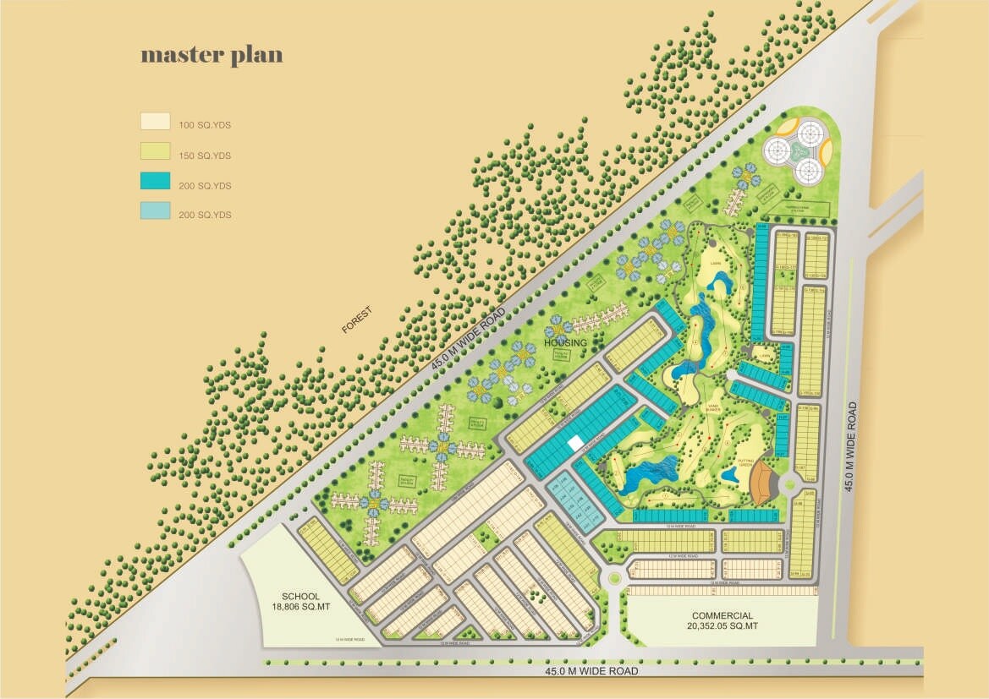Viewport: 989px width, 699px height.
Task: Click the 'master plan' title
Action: pos(212,56)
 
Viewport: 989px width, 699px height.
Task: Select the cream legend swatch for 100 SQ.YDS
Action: pos(155,121)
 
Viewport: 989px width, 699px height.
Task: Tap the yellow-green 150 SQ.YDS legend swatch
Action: pos(155,151)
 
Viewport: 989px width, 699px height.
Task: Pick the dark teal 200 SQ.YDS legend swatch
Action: pos(155,181)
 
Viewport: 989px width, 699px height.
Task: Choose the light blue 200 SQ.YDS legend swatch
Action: pos(155,210)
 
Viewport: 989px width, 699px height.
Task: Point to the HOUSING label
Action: pos(565,342)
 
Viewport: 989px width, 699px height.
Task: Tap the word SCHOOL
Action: pos(301,596)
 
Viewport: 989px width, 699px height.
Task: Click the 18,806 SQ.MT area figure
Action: pos(301,607)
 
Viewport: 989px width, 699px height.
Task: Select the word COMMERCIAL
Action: pos(722,616)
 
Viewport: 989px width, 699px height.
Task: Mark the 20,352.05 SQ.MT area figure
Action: pos(722,627)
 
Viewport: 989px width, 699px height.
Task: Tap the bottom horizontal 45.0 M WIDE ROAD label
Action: pos(591,671)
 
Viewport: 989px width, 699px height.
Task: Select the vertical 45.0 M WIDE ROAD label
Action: pos(851,446)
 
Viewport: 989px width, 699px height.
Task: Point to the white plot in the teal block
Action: pos(574,442)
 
